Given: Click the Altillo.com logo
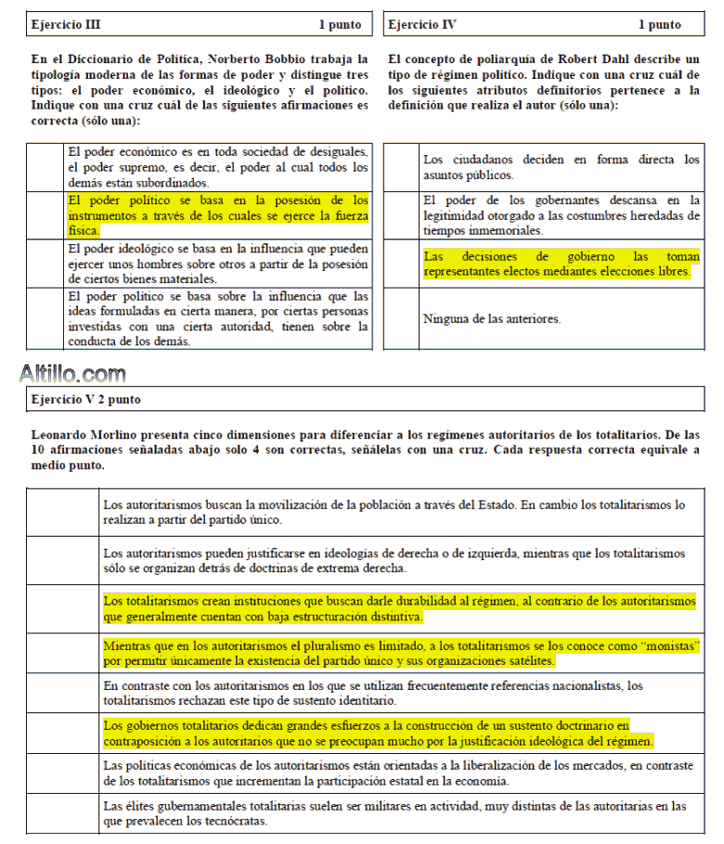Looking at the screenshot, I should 72,374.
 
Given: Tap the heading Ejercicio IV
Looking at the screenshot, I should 422,25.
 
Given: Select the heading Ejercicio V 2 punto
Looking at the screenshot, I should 85,399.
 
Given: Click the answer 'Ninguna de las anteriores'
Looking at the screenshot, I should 492,319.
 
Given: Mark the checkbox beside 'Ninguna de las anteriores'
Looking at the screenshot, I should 401,319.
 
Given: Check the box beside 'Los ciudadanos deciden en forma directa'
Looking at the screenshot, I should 401,167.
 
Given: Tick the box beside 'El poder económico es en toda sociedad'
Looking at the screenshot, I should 45,167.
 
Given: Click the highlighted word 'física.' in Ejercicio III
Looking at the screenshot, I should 84,231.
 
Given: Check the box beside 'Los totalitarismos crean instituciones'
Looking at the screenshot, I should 62,608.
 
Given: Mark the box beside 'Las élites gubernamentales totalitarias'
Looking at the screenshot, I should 62,814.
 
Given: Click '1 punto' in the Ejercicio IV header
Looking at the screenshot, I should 659,25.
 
